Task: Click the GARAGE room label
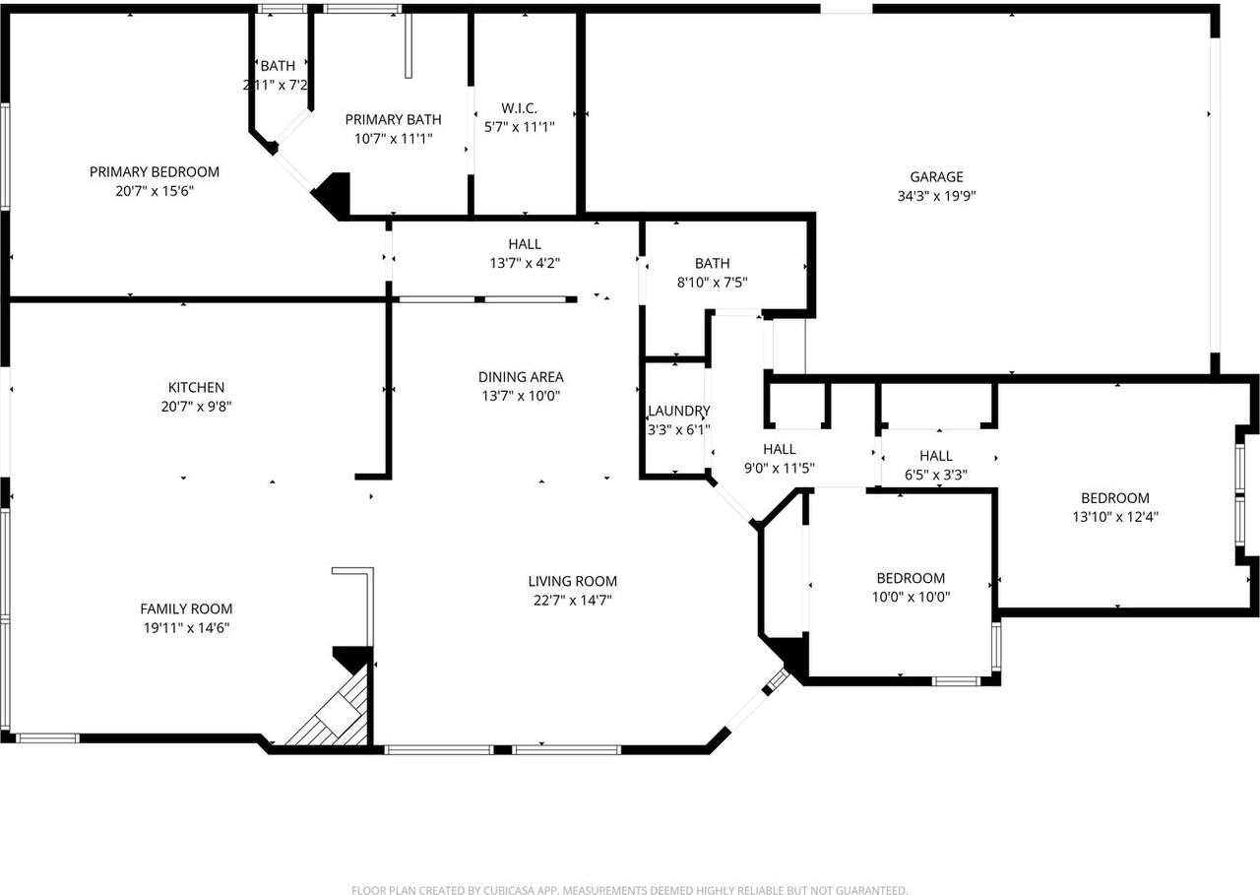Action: [935, 177]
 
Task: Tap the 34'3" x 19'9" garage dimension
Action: [935, 196]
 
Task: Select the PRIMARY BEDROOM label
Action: [155, 172]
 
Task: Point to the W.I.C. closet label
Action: [519, 108]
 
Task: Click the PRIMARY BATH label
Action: [393, 120]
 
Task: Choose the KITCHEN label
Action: [196, 388]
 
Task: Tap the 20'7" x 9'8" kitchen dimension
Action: [196, 406]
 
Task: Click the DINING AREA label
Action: [521, 377]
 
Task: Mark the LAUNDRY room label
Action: [678, 412]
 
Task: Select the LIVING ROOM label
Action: [572, 581]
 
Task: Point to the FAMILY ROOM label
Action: [186, 609]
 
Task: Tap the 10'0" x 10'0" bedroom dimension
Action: [911, 597]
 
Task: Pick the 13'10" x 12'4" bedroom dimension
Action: [1114, 516]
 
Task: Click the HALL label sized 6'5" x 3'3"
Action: [935, 456]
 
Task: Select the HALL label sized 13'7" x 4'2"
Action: [525, 244]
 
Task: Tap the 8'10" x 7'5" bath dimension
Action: [712, 283]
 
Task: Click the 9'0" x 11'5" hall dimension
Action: [779, 468]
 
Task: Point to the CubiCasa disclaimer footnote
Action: [629, 890]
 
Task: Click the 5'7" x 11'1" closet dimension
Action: [519, 127]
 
